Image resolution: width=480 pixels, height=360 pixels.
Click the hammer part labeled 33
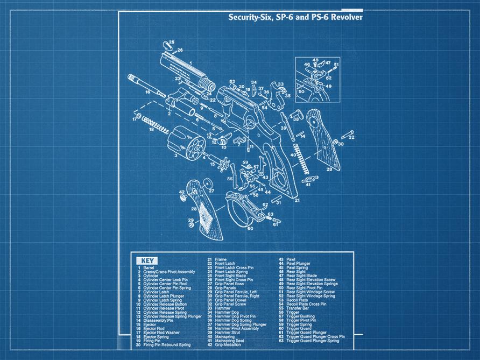point(280,95)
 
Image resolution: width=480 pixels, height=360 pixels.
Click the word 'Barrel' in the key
point(149,267)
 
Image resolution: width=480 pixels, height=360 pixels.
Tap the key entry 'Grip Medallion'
point(228,344)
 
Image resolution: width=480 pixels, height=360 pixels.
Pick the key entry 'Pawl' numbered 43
point(291,259)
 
